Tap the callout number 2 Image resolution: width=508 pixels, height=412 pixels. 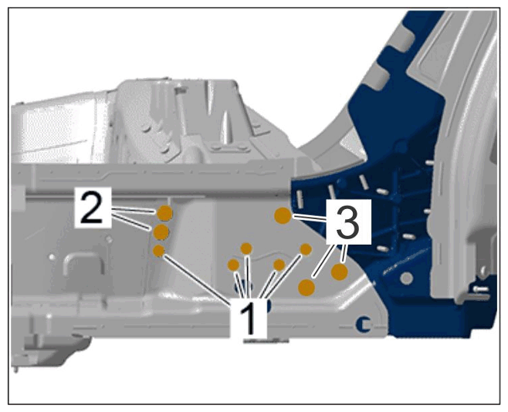[92, 207]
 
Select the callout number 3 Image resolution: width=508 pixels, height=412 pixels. [347, 223]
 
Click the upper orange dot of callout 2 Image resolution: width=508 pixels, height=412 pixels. [164, 213]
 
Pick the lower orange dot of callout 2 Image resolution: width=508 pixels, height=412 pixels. [161, 231]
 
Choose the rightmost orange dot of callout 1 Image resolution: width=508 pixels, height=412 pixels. [306, 249]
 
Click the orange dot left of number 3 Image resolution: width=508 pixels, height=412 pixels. [283, 215]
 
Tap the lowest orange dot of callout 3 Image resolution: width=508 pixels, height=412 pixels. [306, 287]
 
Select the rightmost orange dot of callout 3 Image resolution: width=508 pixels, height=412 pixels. [339, 272]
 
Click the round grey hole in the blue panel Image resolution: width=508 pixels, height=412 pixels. [407, 278]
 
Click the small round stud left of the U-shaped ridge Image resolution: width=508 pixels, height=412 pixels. [52, 257]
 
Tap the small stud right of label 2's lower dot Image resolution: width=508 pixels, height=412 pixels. [109, 239]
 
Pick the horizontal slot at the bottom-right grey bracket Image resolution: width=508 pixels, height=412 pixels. [482, 288]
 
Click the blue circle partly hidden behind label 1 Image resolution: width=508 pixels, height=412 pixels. [269, 306]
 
